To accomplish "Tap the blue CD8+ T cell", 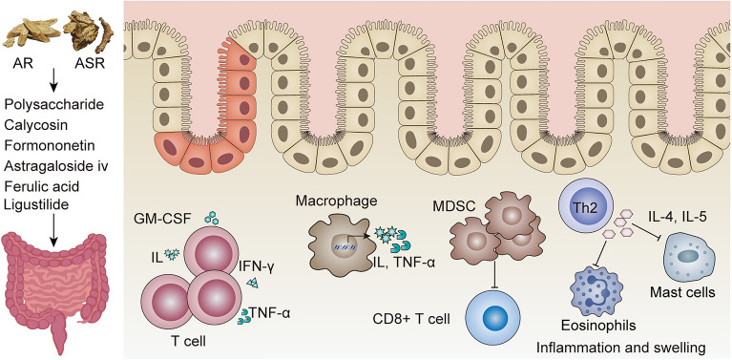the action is tap(491, 318).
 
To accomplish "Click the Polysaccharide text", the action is tap(53, 105).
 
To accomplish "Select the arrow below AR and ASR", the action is tap(54, 81).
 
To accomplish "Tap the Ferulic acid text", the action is tap(41, 186).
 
